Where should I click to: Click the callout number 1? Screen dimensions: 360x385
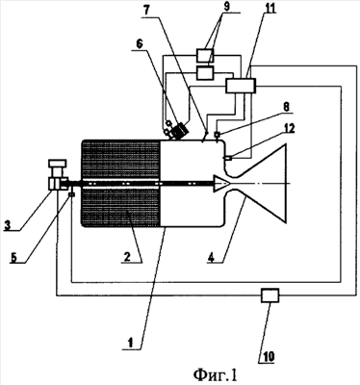[130, 344]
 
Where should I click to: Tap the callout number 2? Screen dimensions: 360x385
[127, 257]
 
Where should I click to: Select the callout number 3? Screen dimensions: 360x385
[7, 225]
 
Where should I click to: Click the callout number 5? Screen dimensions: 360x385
[13, 258]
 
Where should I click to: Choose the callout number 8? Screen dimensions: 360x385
[286, 107]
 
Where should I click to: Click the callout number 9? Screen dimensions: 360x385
[226, 7]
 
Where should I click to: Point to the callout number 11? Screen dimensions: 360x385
[270, 9]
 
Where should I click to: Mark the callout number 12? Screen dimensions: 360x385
[289, 128]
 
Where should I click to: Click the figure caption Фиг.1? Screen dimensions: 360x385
[216, 374]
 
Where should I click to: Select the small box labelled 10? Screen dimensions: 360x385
[270, 295]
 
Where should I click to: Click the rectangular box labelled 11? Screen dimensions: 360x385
[241, 86]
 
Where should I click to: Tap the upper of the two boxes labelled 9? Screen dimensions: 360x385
[205, 55]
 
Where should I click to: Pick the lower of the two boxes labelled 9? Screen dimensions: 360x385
[205, 72]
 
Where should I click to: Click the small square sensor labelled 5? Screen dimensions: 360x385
[71, 194]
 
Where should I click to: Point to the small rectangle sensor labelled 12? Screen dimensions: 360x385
[228, 158]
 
